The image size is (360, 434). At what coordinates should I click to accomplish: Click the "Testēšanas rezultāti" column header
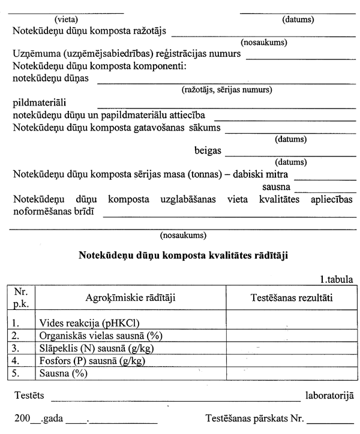click(291, 296)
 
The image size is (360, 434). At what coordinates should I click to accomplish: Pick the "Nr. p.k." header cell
click(22, 296)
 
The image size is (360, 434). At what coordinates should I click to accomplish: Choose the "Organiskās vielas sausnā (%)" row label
click(101, 335)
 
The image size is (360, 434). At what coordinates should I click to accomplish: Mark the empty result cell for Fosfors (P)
click(291, 361)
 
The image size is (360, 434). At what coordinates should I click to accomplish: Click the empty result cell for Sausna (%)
click(291, 373)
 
